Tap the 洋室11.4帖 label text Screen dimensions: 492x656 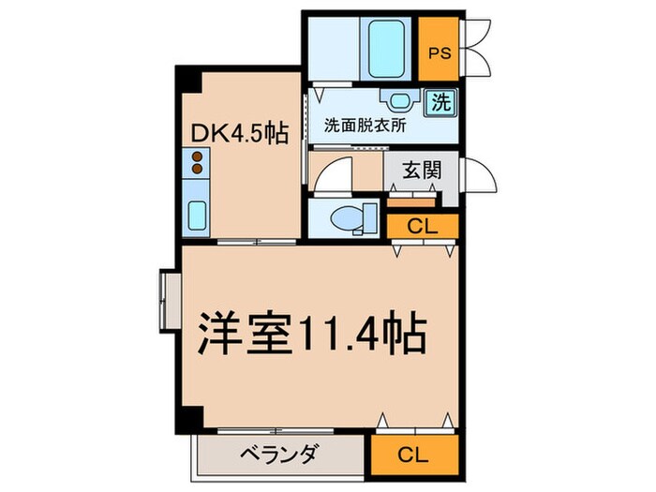[312, 335]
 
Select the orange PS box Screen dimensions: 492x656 [438, 52]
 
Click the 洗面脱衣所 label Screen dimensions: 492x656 [365, 126]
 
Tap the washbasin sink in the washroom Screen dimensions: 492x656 [395, 101]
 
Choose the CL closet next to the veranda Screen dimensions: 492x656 [412, 455]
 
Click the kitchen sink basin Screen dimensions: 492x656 [198, 216]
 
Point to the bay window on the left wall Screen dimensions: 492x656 [169, 300]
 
